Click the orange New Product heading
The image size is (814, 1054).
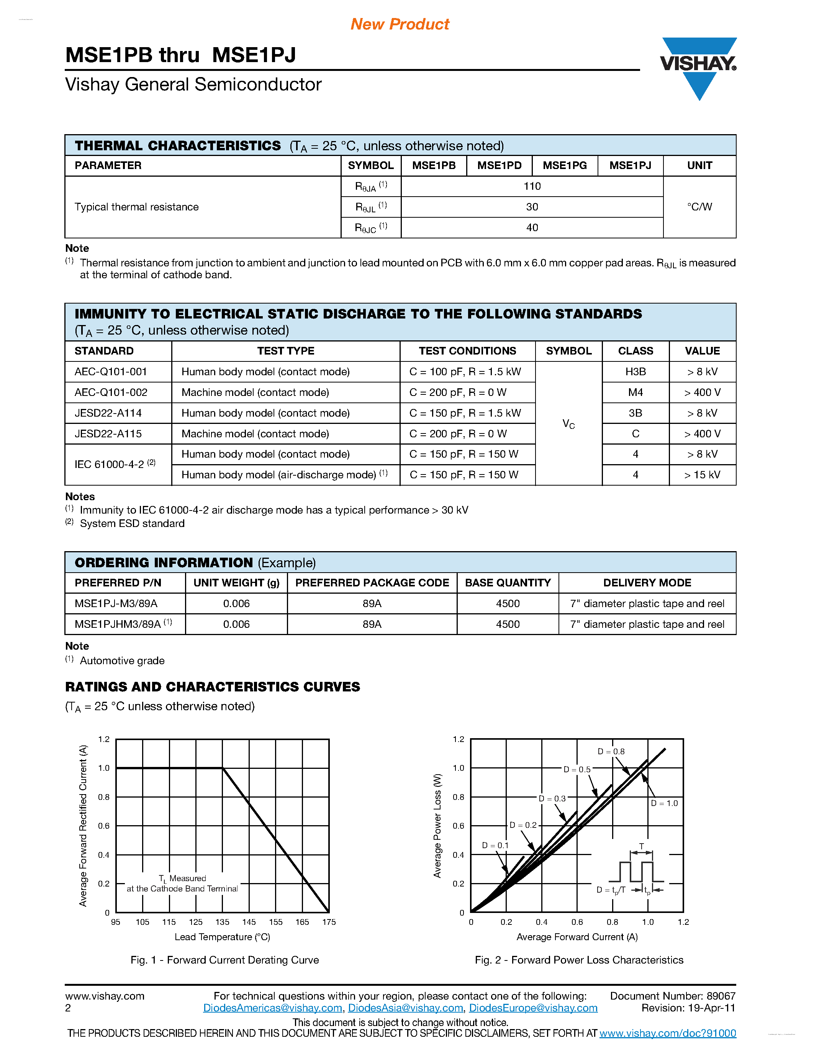[x=400, y=24]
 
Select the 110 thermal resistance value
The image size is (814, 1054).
[x=532, y=186]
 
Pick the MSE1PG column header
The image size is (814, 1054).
[x=565, y=166]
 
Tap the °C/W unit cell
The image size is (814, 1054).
[x=699, y=207]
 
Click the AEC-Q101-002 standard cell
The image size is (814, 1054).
[x=111, y=392]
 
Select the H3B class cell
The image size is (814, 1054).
[x=635, y=372]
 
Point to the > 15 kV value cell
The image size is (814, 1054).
[x=702, y=475]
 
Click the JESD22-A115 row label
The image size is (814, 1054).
[x=108, y=434]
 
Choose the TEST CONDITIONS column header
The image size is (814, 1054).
[x=467, y=351]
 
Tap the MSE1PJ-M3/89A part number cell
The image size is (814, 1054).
[x=116, y=604]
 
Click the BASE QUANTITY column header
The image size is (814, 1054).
[x=508, y=583]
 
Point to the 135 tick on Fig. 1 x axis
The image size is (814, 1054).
[x=222, y=922]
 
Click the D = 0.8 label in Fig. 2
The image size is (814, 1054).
[x=611, y=752]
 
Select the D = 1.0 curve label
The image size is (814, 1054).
[x=665, y=803]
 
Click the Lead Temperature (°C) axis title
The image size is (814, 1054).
[x=222, y=937]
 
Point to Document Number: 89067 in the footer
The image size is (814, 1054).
[x=673, y=996]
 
